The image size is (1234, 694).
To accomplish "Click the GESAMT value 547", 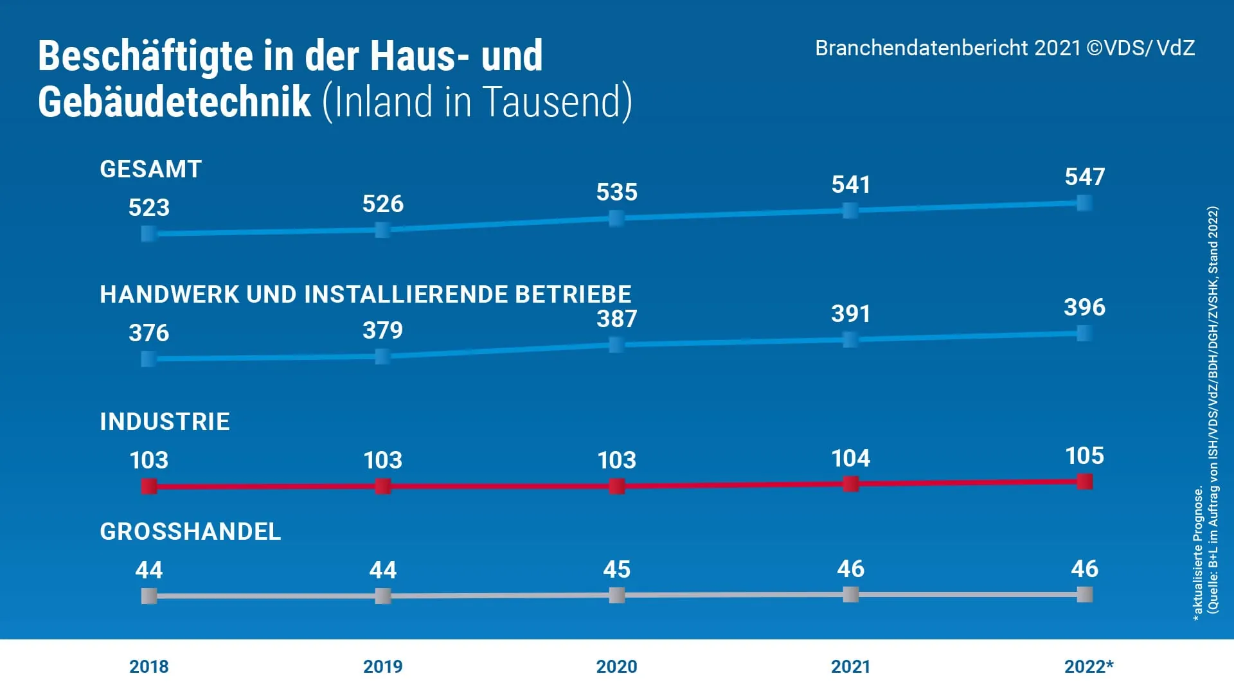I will pyautogui.click(x=1084, y=177).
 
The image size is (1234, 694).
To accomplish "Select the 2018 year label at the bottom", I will pyautogui.click(x=148, y=666).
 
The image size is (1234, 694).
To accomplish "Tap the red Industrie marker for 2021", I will pyautogui.click(x=850, y=484).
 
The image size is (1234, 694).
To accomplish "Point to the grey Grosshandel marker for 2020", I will pyautogui.click(x=616, y=595).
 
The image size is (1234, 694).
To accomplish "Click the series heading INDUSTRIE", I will pyautogui.click(x=165, y=422).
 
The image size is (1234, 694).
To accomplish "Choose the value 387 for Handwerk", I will pyautogui.click(x=616, y=319).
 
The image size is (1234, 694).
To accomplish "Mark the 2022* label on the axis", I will pyautogui.click(x=1088, y=666).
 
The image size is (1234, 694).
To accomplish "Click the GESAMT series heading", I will pyautogui.click(x=150, y=169).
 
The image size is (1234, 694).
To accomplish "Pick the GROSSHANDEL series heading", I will pyautogui.click(x=190, y=531).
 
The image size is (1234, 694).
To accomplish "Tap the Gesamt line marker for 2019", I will pyautogui.click(x=382, y=229).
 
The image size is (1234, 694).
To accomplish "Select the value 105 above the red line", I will pyautogui.click(x=1084, y=456).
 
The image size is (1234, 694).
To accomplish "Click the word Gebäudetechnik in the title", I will pyautogui.click(x=174, y=102).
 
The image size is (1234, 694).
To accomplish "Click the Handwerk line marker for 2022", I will pyautogui.click(x=1084, y=333).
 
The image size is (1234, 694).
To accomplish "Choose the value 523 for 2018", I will pyautogui.click(x=148, y=208).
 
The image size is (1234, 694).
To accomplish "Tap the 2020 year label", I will pyautogui.click(x=616, y=666).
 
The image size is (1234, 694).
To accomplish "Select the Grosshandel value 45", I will pyautogui.click(x=616, y=569).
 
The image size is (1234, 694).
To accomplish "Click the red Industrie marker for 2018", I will pyautogui.click(x=149, y=486).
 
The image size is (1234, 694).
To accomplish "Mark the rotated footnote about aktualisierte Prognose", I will pyautogui.click(x=1198, y=553).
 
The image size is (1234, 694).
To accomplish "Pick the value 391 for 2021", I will pyautogui.click(x=850, y=314).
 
